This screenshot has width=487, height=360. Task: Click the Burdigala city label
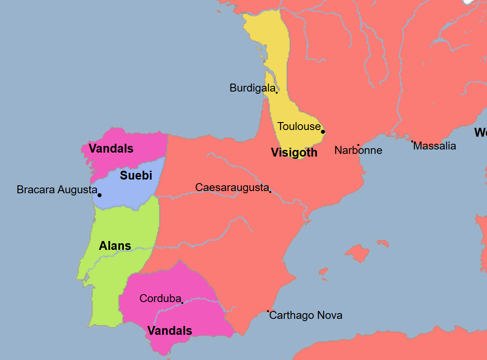[252, 88]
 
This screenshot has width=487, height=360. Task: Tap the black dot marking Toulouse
[323, 132]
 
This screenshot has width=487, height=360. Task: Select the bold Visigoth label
[294, 153]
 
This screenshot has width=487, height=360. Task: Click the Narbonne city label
[358, 150]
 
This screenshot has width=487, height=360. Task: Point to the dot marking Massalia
[412, 142]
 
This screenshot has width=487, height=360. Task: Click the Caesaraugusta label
[232, 187]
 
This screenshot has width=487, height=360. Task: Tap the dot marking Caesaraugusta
[270, 191]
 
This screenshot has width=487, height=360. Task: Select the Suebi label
[136, 176]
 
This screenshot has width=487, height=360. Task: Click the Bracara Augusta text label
[57, 190]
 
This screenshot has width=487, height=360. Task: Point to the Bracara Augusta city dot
[100, 195]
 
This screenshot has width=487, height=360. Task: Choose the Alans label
[115, 246]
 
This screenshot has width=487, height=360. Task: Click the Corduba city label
[160, 299]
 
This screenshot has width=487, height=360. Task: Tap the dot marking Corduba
[182, 303]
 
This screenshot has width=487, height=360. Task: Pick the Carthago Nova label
[306, 315]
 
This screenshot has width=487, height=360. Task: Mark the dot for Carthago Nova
[268, 311]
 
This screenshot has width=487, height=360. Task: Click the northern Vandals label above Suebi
[111, 149]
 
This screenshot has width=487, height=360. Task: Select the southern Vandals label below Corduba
[170, 331]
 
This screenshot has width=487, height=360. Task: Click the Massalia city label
[434, 146]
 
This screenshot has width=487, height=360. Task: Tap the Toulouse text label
[299, 126]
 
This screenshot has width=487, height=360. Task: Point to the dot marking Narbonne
[358, 145]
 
